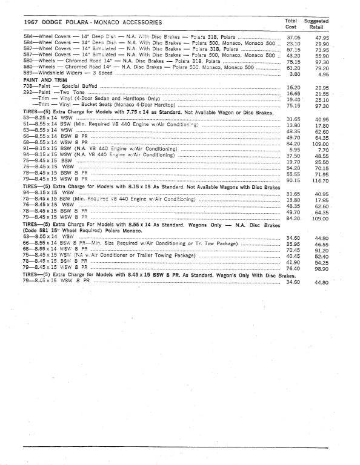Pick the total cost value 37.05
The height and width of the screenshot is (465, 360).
293,37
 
